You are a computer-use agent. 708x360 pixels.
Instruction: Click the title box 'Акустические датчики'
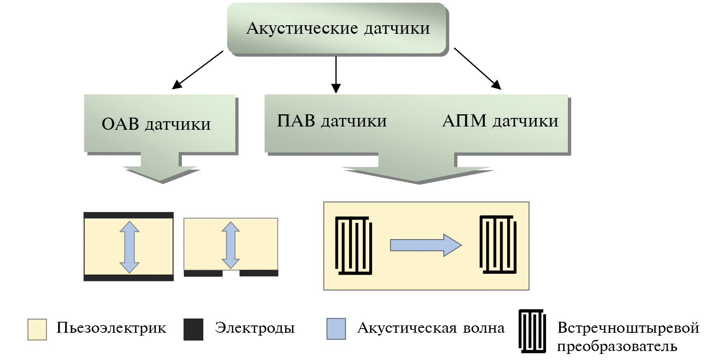(338, 28)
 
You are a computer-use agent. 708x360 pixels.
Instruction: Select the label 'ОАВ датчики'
(156, 124)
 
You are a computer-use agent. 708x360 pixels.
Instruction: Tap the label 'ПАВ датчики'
(332, 121)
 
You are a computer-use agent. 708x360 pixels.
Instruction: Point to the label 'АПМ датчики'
(500, 121)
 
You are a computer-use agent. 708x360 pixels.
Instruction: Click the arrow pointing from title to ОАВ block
(197, 70)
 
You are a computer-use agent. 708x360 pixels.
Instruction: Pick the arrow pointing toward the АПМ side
(477, 68)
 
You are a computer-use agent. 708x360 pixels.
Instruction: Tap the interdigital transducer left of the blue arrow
(353, 246)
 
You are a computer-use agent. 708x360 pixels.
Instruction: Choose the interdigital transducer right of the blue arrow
(498, 244)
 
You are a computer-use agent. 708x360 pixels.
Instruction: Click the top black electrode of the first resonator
(129, 215)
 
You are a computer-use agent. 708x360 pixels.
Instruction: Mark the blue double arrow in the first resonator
(129, 247)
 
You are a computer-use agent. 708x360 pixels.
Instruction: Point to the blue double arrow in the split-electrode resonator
(231, 245)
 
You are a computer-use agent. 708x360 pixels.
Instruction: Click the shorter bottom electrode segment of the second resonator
(203, 273)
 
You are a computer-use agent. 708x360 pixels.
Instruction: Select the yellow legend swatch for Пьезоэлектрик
(37, 329)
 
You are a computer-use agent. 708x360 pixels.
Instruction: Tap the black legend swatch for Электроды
(193, 329)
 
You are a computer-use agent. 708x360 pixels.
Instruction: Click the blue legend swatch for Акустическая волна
(336, 329)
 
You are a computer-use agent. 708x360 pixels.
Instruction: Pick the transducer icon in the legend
(532, 331)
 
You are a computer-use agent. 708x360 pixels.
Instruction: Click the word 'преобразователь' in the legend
(617, 347)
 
